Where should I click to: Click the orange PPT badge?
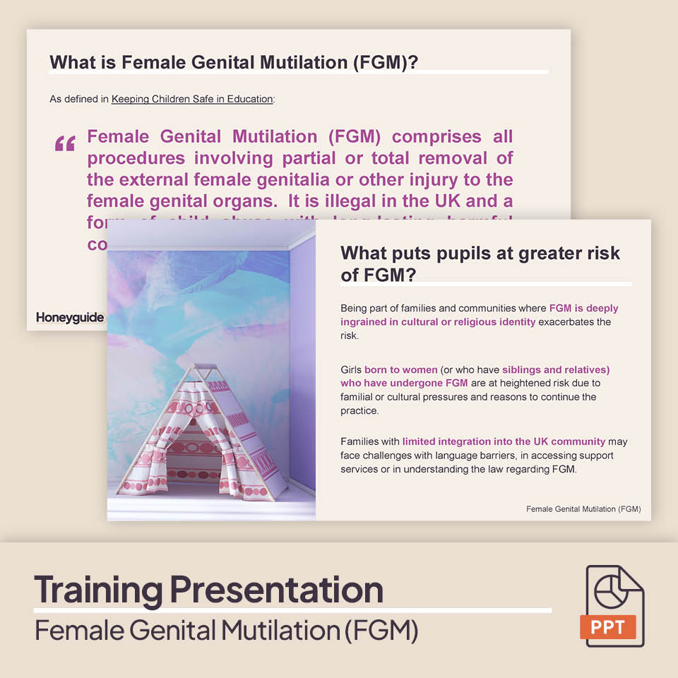[608, 626]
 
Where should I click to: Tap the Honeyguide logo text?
[70, 318]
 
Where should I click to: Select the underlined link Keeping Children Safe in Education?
[192, 99]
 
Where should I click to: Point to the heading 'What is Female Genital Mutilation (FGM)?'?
[234, 62]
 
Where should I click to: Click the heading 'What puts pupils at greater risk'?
[480, 253]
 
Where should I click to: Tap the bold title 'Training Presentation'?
[208, 588]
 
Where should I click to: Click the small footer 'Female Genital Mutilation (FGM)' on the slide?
[583, 509]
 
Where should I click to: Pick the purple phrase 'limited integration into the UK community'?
[504, 441]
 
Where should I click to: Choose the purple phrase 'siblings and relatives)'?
[556, 369]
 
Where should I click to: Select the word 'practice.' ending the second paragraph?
[359, 410]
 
